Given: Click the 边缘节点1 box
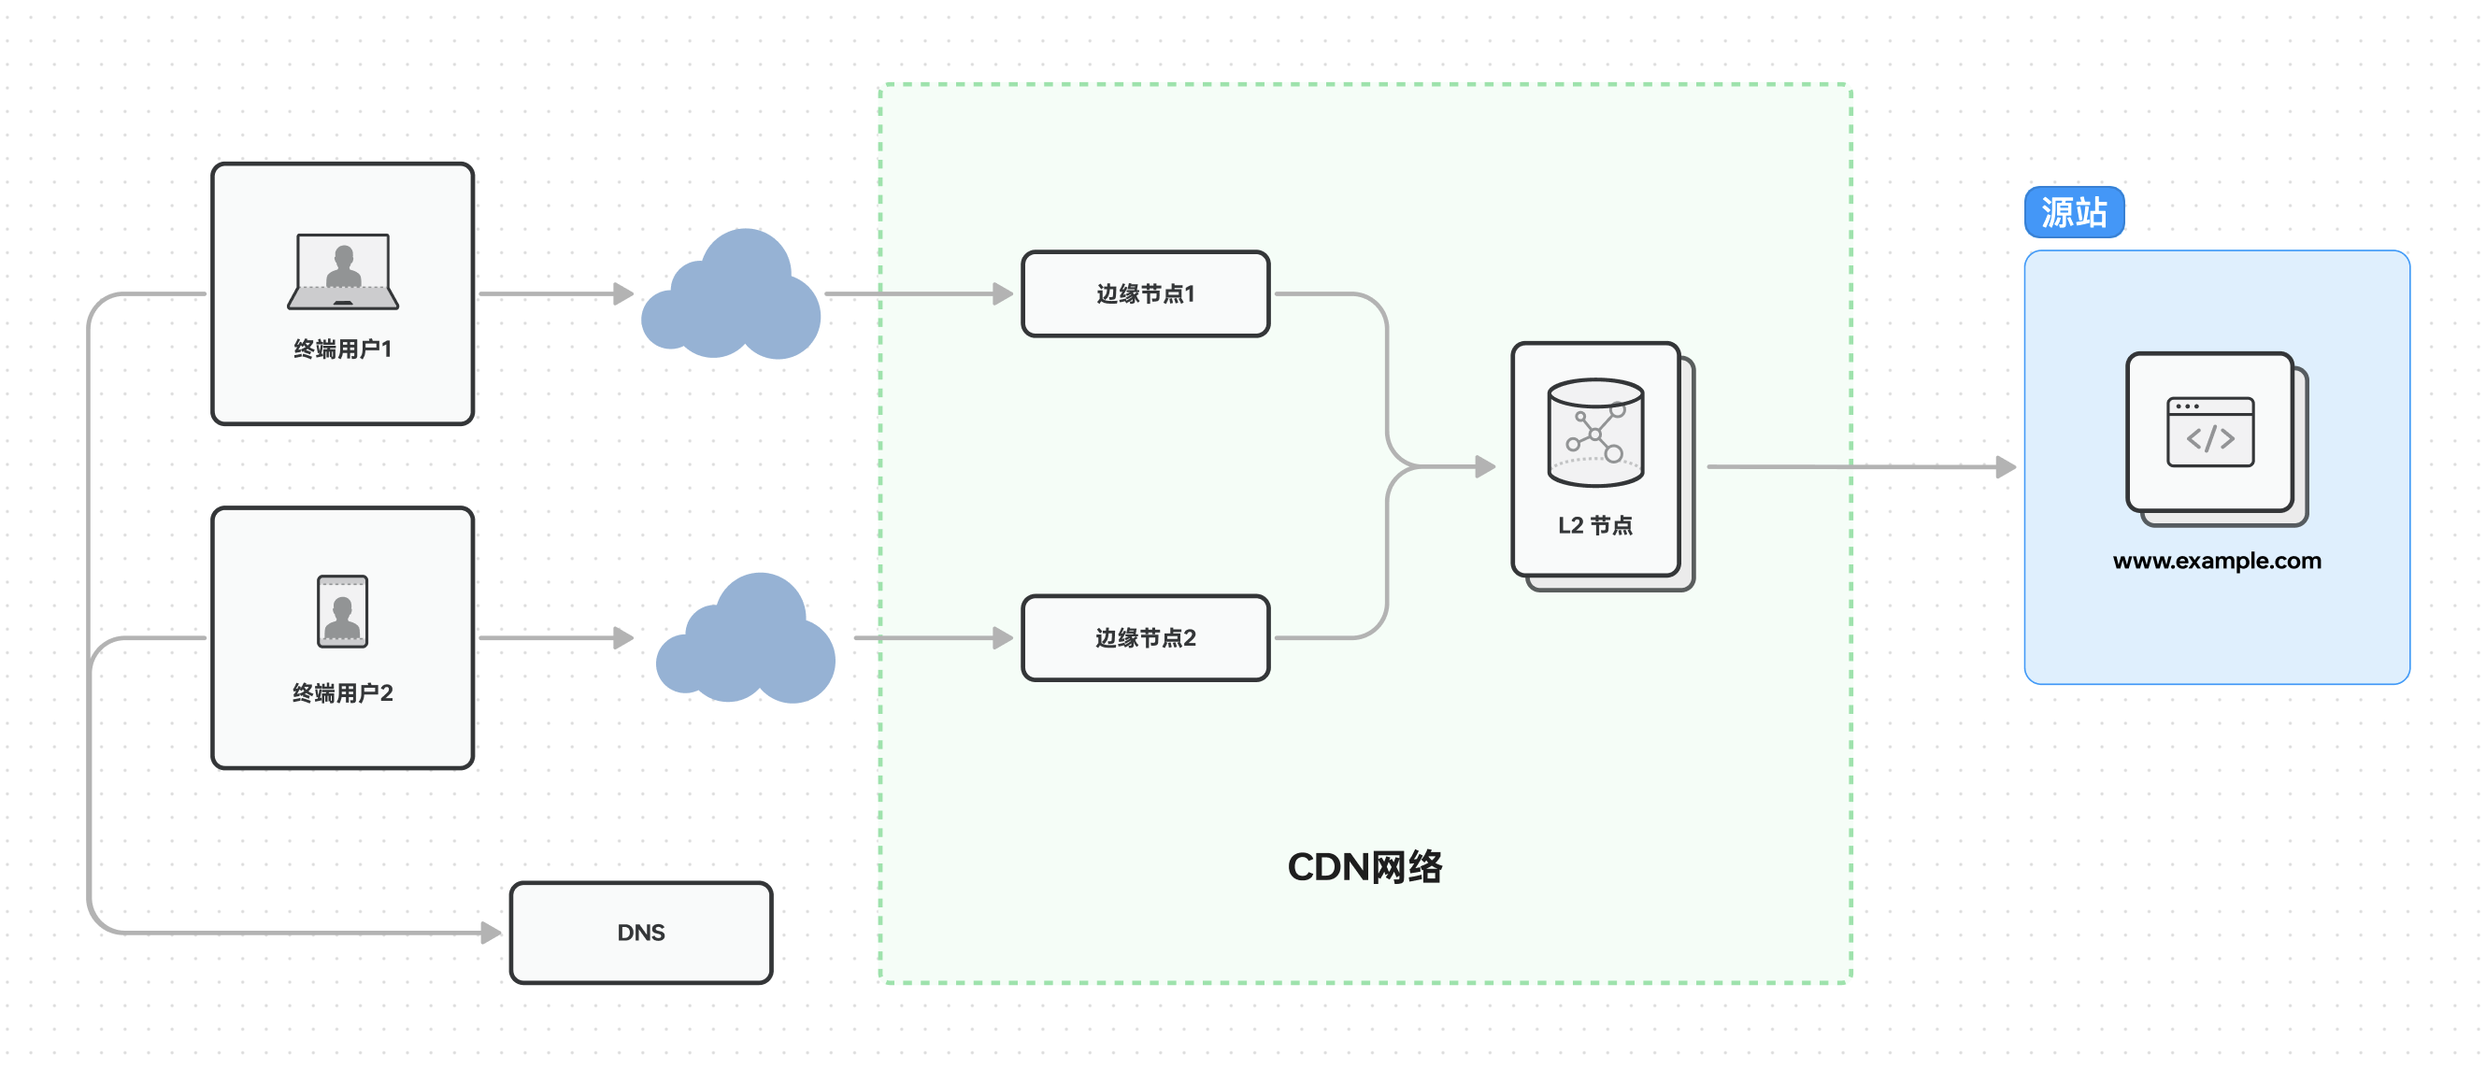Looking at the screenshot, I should tap(1146, 293).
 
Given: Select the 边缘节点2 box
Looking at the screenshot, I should tap(1146, 637).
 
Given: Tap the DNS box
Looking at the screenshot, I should tap(641, 932).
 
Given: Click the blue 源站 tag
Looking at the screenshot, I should tap(2074, 212).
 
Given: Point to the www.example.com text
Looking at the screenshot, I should tap(2217, 561).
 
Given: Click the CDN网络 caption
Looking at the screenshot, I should tap(1364, 866).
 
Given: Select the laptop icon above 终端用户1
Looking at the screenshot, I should tap(343, 271).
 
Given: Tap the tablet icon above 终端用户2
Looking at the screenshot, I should tap(343, 612).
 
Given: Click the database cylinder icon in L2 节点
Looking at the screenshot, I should tap(1595, 432).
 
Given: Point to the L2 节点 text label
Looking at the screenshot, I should tap(1595, 526).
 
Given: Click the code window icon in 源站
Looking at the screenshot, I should tap(2210, 433).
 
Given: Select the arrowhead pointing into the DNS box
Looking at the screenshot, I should tap(492, 932).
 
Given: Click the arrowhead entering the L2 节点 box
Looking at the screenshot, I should tap(1486, 467).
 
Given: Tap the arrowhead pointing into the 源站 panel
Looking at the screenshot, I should tap(2007, 467).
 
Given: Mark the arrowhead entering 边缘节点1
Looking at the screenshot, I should tap(1004, 293).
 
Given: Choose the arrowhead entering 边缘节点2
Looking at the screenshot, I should tap(1004, 637).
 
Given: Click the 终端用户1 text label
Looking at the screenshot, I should tap(343, 349).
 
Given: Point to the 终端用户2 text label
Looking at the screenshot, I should tap(343, 692).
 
